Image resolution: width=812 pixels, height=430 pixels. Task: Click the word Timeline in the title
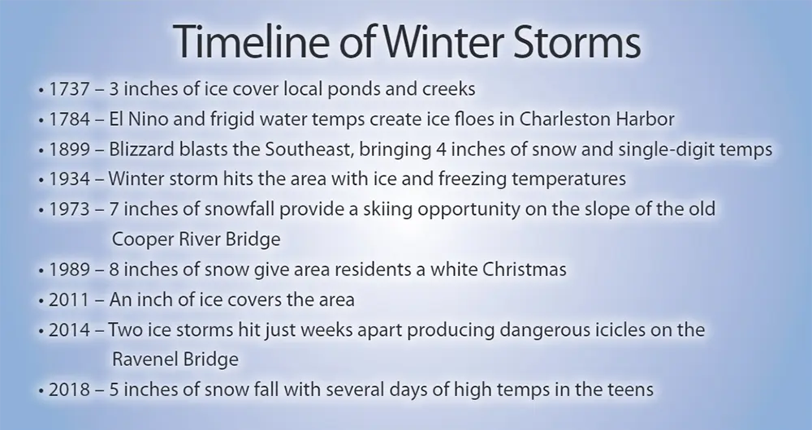[x=251, y=41]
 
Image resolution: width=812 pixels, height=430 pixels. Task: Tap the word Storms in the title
[x=577, y=41]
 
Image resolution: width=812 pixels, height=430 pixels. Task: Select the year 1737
[x=69, y=89]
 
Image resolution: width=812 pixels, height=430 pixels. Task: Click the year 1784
[x=69, y=119]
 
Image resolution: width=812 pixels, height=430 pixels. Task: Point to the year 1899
[x=69, y=149]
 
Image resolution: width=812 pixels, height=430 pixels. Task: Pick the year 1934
[x=69, y=179]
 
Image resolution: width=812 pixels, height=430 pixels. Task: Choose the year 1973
[x=69, y=209]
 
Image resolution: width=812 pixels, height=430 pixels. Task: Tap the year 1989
[x=69, y=269]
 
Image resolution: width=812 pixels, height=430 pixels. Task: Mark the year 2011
[x=69, y=299]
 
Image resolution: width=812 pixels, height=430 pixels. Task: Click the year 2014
[x=69, y=329]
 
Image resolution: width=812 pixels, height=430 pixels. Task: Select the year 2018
[x=69, y=389]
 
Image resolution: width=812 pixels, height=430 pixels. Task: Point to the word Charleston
[x=564, y=119]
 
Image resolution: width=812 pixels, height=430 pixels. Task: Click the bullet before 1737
[x=41, y=91]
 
